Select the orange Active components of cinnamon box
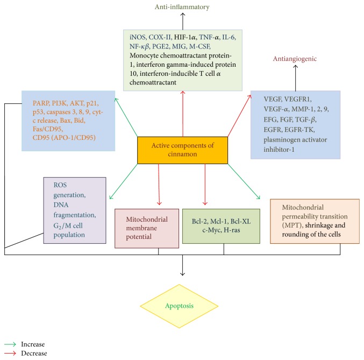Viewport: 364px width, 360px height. point(183,150)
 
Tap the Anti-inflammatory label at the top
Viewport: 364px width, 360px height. point(183,7)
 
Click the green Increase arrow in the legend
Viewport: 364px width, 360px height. point(10,343)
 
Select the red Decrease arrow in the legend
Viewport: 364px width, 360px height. point(10,354)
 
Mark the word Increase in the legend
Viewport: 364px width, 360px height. point(33,343)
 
